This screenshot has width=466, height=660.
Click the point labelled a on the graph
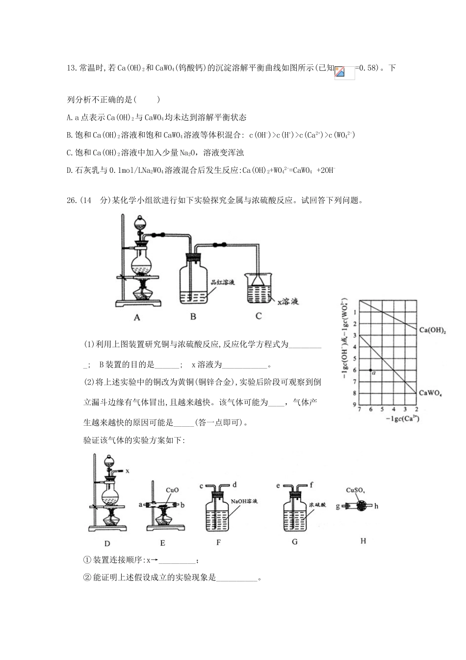(371, 370)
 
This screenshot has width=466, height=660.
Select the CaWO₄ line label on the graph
(430, 393)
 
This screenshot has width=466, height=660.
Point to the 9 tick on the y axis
(354, 405)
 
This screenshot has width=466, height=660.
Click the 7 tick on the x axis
(360, 409)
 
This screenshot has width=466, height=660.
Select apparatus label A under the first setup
(137, 318)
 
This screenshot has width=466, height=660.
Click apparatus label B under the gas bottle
(193, 317)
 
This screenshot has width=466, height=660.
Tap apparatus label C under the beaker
(259, 316)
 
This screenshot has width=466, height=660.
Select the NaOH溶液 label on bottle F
(244, 501)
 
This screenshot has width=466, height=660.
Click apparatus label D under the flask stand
(107, 543)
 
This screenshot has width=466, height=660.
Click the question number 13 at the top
(71, 68)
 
